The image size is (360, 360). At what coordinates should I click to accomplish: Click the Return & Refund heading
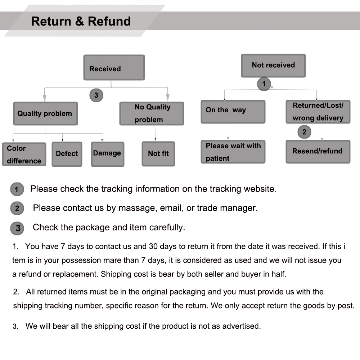point(81,21)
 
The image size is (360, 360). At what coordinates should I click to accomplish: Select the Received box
point(114,68)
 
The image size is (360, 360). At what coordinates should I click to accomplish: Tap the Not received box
point(273,66)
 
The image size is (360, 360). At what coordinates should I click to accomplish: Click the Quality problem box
point(45,114)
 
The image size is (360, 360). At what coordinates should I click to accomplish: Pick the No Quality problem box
point(152,114)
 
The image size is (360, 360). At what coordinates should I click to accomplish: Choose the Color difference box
point(24,154)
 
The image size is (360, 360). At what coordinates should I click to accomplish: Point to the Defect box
point(67,154)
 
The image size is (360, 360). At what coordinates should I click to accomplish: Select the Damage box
point(107,154)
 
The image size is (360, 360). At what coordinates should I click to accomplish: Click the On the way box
point(233,112)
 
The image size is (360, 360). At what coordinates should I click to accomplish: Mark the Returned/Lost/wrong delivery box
point(318,112)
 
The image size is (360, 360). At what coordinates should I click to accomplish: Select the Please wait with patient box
point(233,152)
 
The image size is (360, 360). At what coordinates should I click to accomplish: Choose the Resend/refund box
point(318,152)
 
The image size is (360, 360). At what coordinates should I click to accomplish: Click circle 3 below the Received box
point(96,95)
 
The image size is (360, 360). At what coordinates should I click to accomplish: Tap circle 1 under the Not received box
point(264,84)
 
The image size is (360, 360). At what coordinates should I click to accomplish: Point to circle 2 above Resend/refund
point(304,132)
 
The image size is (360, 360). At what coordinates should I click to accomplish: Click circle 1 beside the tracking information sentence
point(17,189)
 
